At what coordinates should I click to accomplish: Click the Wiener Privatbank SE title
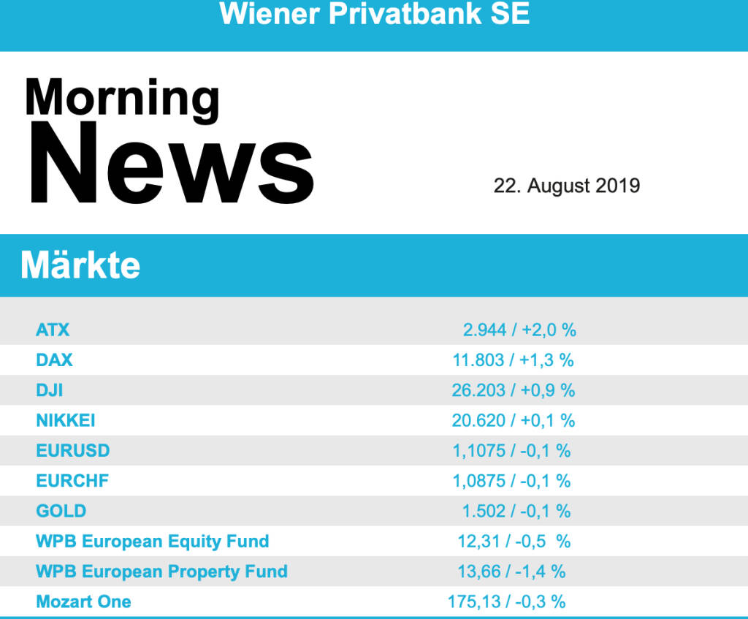(374, 15)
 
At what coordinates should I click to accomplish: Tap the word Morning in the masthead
(122, 98)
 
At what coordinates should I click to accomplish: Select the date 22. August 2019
(567, 186)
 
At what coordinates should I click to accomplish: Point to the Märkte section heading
(80, 265)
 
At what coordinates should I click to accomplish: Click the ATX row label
(53, 330)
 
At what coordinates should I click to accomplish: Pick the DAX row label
(55, 360)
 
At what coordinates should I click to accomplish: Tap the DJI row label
(50, 390)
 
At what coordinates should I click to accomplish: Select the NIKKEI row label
(66, 420)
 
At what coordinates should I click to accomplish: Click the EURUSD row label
(73, 450)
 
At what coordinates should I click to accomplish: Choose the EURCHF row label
(72, 481)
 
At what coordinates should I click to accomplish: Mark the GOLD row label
(61, 511)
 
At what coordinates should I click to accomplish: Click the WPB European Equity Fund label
(153, 542)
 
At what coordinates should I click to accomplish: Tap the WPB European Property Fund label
(161, 571)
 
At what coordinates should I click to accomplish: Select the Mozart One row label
(84, 601)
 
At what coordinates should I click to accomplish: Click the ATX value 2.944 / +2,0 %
(519, 330)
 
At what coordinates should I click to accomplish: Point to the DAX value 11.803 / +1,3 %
(514, 360)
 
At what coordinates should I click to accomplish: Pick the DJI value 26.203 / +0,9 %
(514, 390)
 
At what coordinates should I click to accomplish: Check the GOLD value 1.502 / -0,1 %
(516, 511)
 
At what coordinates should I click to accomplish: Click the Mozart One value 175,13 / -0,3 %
(507, 601)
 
